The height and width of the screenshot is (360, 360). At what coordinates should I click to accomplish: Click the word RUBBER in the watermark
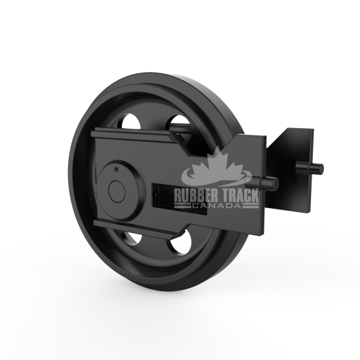[x=194, y=194]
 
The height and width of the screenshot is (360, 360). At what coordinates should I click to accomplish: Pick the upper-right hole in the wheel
[x=178, y=122]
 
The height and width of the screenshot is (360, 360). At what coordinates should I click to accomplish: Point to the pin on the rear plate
[x=317, y=168]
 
